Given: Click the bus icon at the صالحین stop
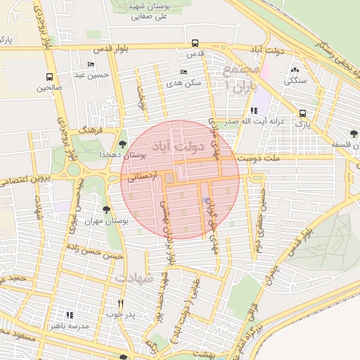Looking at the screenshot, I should [49, 77].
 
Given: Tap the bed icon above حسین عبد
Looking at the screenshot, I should [91, 64].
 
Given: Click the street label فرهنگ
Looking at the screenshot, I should [91, 131].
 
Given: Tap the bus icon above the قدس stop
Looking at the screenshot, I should [195, 43].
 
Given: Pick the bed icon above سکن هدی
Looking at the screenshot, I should [184, 72].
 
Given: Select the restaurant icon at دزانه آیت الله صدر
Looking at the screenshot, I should [253, 110].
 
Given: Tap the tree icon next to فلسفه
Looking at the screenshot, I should [354, 133].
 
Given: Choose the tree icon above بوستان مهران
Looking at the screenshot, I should [106, 210].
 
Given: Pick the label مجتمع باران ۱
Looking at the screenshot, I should [236, 78].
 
